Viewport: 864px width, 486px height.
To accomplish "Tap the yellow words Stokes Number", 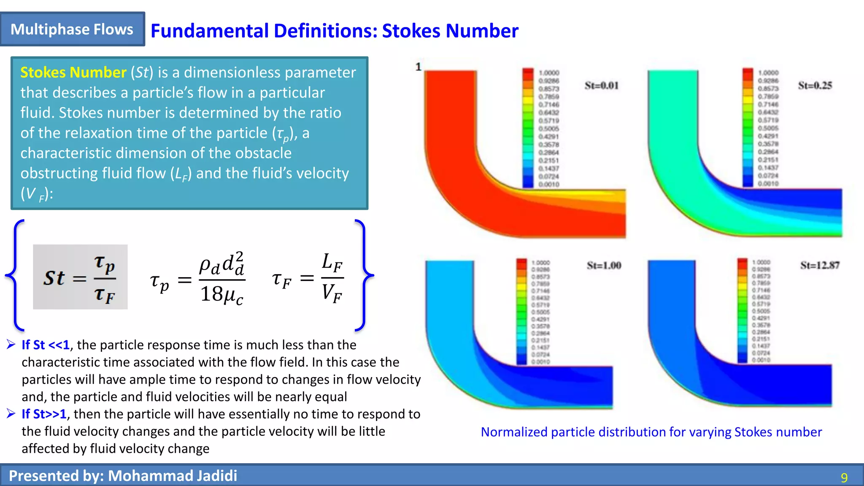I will [x=73, y=73].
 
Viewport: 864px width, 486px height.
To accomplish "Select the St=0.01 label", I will [x=601, y=86].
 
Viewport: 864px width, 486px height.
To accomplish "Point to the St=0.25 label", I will [x=815, y=86].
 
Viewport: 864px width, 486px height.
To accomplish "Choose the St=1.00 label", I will [x=604, y=265].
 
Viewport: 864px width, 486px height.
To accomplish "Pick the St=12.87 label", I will [x=820, y=265].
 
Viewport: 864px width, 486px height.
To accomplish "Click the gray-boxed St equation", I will [x=80, y=277].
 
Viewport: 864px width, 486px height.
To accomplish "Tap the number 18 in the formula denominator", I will [x=211, y=294].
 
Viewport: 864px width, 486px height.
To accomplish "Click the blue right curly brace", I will [x=363, y=275].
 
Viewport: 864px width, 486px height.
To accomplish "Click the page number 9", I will [x=844, y=478].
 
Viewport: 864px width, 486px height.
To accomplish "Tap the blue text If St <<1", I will [x=46, y=345].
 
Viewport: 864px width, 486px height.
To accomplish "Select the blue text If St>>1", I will [x=44, y=414].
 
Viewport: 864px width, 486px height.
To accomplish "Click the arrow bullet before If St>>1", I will [x=11, y=414].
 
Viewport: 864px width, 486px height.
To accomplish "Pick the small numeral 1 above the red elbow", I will [x=418, y=67].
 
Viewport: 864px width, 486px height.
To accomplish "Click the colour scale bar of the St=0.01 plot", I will [x=528, y=127].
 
